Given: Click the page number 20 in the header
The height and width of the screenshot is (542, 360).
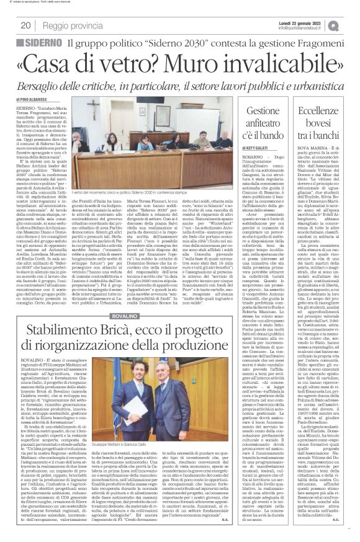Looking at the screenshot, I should coord(27,25).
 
